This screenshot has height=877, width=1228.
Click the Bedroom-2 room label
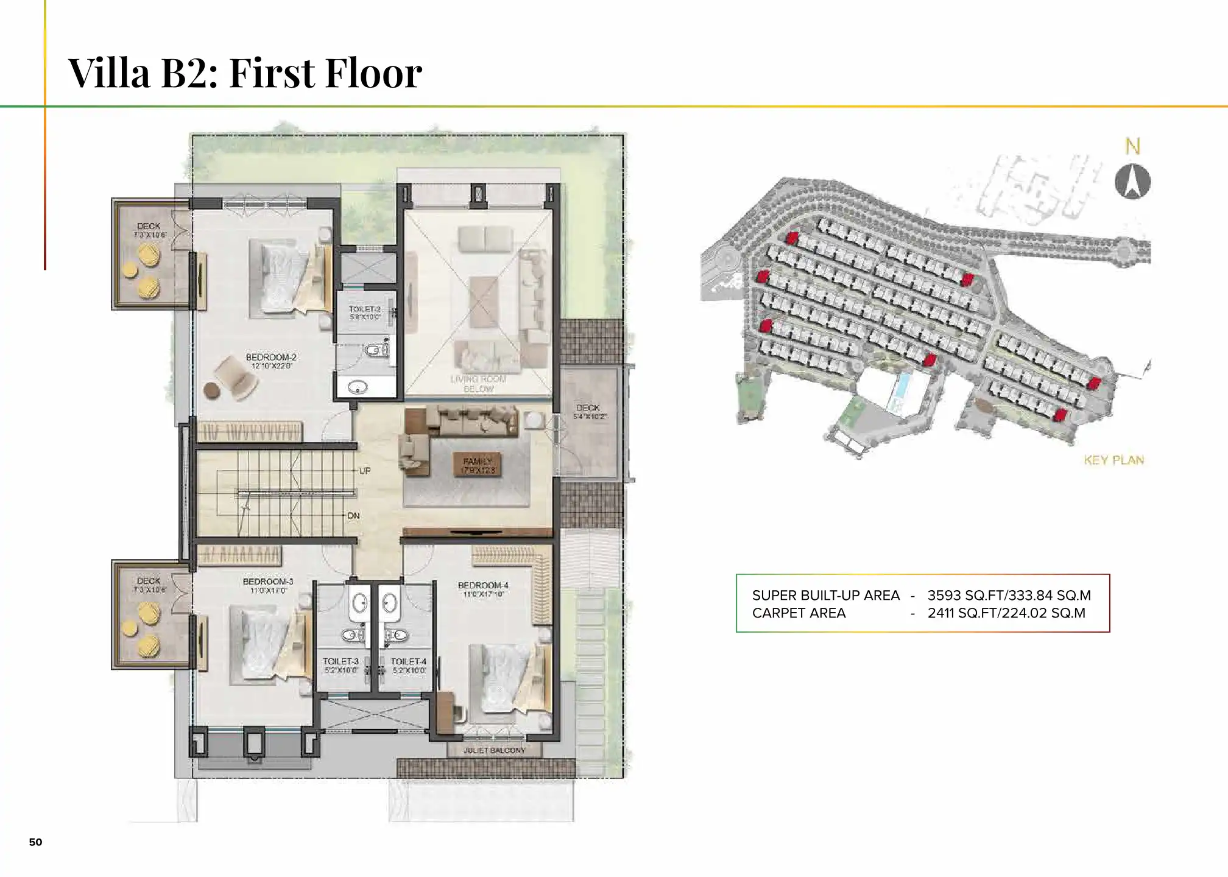(x=271, y=357)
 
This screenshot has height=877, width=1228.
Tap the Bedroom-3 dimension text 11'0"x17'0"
(x=268, y=591)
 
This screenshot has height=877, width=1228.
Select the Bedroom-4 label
(x=483, y=585)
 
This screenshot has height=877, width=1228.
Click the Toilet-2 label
(x=364, y=309)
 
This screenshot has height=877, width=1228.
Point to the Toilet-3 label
(x=341, y=661)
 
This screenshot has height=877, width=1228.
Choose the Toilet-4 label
(x=408, y=661)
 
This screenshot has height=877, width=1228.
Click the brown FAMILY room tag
(x=478, y=465)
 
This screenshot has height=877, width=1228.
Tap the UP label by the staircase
(x=365, y=471)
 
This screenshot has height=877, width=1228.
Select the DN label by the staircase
(x=353, y=516)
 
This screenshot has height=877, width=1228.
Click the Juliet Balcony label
(x=494, y=750)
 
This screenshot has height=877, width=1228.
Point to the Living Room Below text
(x=478, y=384)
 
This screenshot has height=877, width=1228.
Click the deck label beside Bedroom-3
(x=149, y=581)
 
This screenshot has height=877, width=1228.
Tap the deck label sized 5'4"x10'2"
(x=588, y=408)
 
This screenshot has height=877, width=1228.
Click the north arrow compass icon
(x=1132, y=181)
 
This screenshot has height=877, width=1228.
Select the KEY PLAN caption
(x=1113, y=460)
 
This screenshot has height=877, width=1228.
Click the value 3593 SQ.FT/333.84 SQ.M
(x=1009, y=596)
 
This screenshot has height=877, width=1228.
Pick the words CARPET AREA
(x=799, y=613)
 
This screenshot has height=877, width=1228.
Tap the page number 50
(x=36, y=842)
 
